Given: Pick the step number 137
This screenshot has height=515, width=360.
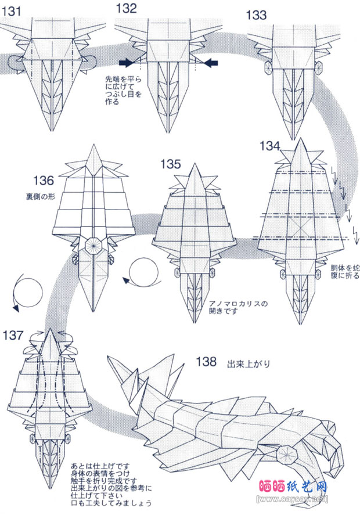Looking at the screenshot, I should click(13, 335).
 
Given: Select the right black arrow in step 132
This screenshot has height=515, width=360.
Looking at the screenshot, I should click(210, 62).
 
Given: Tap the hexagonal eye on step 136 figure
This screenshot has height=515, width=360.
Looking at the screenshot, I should click(91, 246).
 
